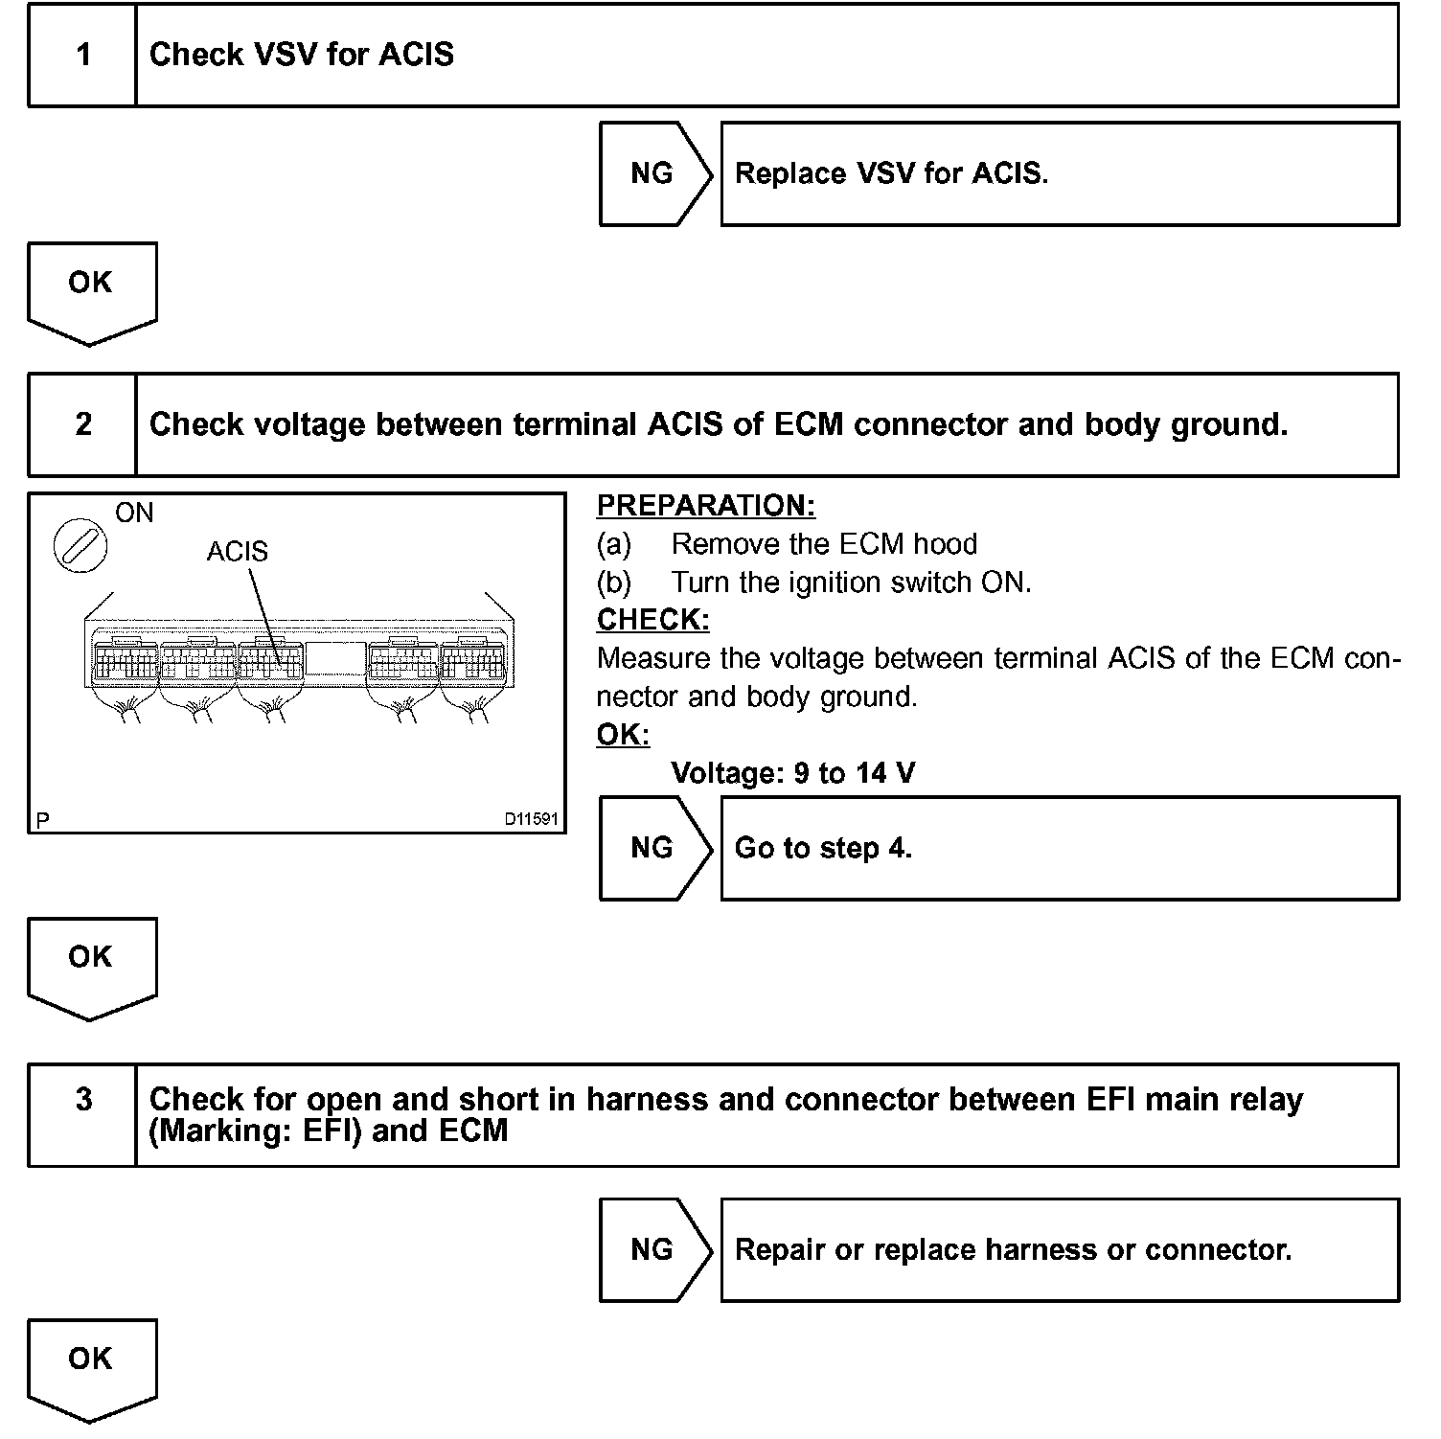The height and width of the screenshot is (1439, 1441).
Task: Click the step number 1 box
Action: (x=83, y=55)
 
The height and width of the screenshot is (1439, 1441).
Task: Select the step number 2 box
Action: (x=83, y=424)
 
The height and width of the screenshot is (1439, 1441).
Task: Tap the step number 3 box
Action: (x=83, y=1114)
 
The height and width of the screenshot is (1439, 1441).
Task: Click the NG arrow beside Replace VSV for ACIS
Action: (x=654, y=173)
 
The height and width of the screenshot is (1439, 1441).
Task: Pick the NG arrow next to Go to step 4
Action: (x=654, y=848)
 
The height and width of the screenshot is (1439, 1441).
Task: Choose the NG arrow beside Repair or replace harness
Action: (x=654, y=1249)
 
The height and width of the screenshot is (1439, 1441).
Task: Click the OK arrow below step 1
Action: (x=91, y=290)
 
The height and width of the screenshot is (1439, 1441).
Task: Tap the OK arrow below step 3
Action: (x=91, y=1366)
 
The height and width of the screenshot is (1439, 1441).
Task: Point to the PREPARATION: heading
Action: (x=705, y=506)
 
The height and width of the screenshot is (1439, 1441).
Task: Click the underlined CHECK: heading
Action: (x=652, y=620)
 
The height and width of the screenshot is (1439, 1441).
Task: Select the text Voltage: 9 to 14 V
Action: (x=792, y=773)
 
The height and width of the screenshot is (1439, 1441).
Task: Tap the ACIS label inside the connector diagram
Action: (x=238, y=552)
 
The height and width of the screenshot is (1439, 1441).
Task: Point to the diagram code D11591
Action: (x=532, y=820)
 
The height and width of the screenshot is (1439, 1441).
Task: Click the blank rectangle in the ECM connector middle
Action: (x=335, y=659)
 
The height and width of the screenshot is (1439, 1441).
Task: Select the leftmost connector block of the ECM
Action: (x=125, y=659)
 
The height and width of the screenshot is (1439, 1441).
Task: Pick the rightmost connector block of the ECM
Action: (x=472, y=659)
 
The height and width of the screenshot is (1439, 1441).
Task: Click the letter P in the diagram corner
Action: (x=43, y=821)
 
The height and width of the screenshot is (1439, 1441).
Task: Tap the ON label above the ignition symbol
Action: (x=134, y=514)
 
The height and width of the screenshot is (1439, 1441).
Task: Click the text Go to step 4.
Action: (x=823, y=848)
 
